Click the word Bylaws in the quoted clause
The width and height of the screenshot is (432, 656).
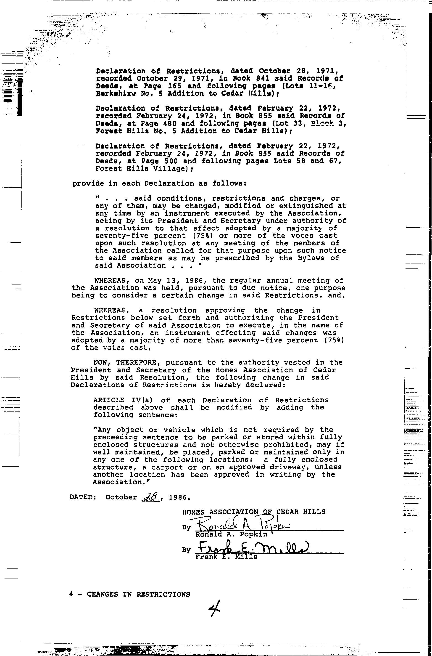313,258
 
